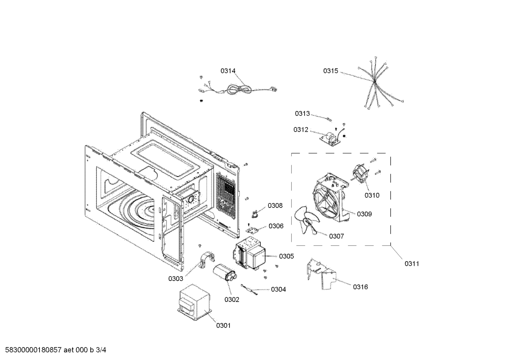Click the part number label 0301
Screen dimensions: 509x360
pos(223,326)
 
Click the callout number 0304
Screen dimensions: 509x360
pos(278,290)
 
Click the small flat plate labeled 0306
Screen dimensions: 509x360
pos(252,230)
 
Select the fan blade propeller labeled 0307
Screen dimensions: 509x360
pos(307,220)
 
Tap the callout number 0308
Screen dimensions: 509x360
pos(275,206)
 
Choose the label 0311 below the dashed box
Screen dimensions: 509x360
pos(412,264)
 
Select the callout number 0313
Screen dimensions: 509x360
pos(302,113)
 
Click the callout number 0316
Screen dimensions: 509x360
pos(360,287)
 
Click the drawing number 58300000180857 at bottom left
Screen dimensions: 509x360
pos(33,350)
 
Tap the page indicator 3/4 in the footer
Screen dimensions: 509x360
pos(101,350)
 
